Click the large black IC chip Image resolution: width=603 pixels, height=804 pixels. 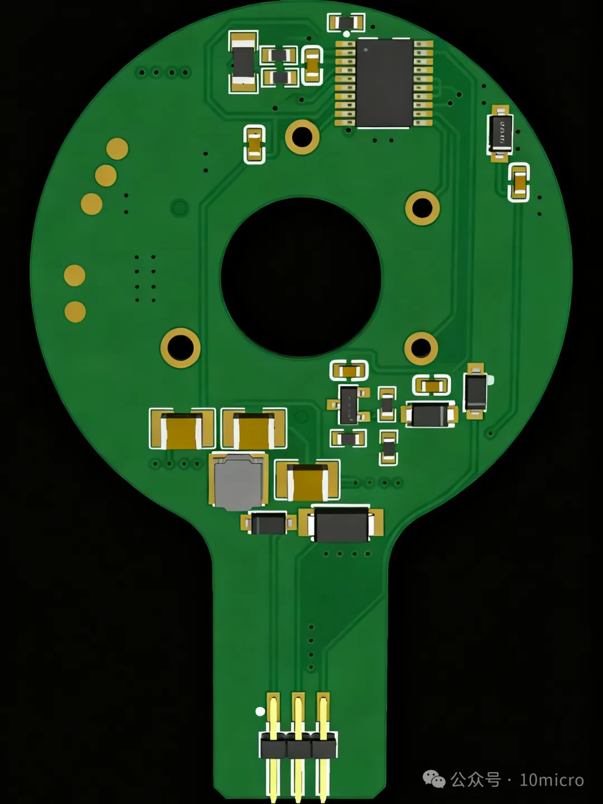tap(384, 83)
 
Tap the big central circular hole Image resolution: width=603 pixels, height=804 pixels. tap(301, 277)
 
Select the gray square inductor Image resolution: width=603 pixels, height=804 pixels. tap(238, 482)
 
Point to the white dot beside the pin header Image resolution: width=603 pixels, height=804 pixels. tap(260, 711)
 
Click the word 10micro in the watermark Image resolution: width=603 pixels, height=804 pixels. tap(552, 781)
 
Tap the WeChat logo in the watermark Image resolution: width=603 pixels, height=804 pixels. tap(434, 779)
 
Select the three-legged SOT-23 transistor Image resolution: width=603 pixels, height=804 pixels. tap(348, 404)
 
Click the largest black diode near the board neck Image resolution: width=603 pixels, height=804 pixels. tap(341, 524)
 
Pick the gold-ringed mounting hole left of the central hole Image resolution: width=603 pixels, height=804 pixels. tap(180, 348)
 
